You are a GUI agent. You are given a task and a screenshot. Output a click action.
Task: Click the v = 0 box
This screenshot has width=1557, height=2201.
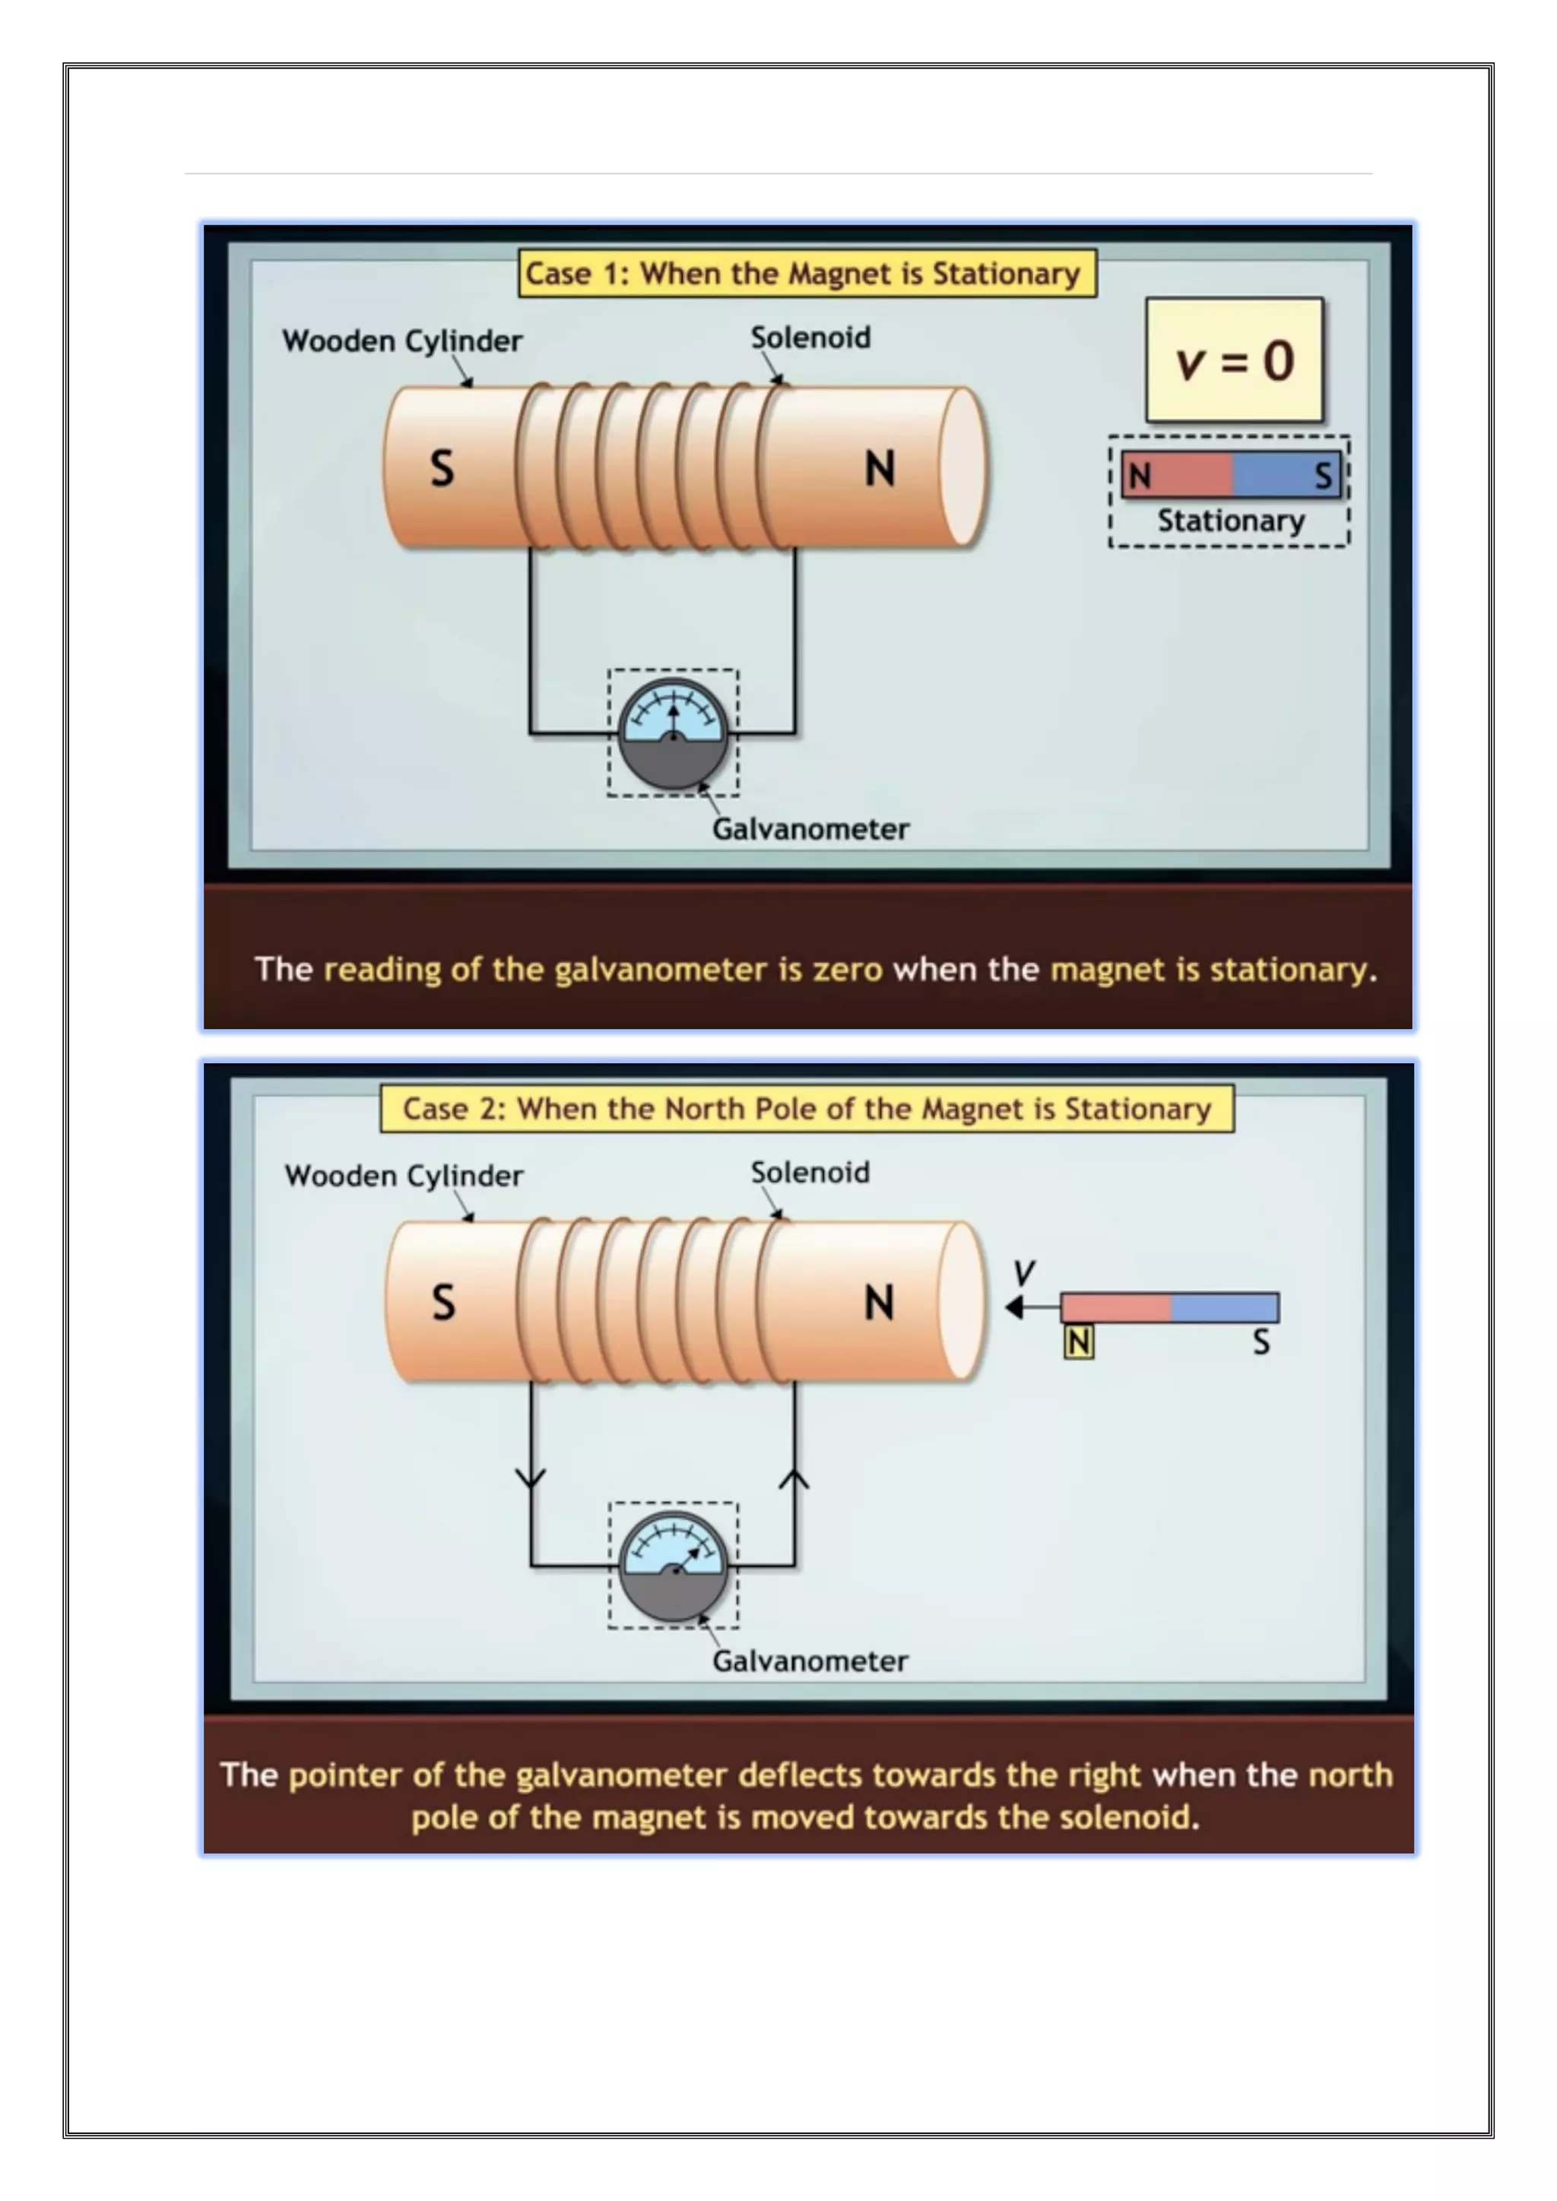click(x=1234, y=360)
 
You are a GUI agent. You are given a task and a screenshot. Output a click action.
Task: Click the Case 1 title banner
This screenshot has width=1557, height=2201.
click(x=807, y=273)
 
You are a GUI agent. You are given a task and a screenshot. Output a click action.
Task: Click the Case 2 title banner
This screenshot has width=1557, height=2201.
click(x=807, y=1108)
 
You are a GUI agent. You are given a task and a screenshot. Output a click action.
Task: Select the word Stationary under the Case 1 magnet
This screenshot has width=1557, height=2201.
click(x=1230, y=521)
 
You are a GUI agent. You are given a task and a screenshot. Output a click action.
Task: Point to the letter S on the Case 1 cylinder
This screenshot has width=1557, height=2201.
click(x=442, y=469)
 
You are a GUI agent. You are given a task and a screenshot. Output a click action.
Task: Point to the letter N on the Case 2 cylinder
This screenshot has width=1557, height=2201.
click(x=879, y=1303)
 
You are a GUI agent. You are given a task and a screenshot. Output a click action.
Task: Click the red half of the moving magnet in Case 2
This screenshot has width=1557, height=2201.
click(x=1115, y=1307)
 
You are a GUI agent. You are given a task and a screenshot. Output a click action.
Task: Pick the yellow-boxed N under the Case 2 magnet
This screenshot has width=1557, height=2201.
click(x=1079, y=1342)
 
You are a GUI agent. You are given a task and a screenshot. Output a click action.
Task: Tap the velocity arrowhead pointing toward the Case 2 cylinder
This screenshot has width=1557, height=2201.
click(x=1014, y=1307)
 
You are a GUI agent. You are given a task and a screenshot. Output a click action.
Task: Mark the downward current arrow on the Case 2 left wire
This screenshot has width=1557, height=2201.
click(x=530, y=1477)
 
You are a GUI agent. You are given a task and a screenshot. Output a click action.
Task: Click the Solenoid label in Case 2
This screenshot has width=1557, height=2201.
click(x=810, y=1173)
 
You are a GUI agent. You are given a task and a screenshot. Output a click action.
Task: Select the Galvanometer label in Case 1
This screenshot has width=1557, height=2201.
click(x=810, y=829)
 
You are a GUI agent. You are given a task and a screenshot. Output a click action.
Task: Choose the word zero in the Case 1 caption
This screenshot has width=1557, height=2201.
click(x=848, y=969)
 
